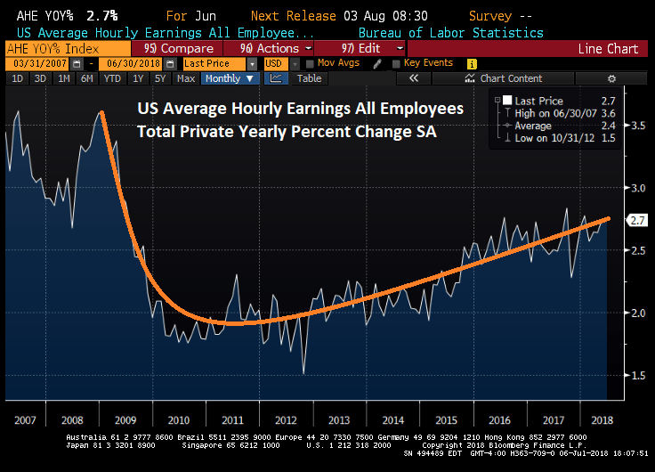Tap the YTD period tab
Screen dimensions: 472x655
pos(110,78)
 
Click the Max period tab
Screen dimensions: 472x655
pos(186,78)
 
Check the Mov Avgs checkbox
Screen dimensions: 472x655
pos(309,64)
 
